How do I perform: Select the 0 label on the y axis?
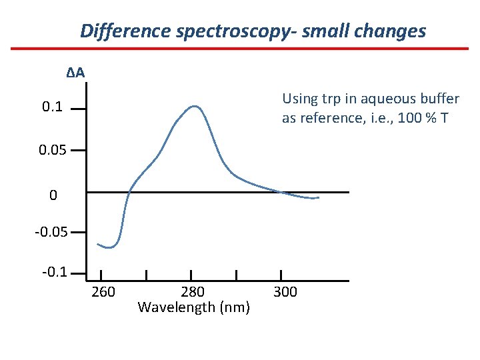(53, 195)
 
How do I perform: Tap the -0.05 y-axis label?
(50, 233)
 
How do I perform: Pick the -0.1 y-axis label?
(53, 273)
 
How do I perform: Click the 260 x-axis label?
(103, 291)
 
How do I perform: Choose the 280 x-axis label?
(193, 291)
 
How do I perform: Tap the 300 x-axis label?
(285, 291)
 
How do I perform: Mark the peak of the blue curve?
(195, 106)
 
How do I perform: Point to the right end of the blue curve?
(318, 198)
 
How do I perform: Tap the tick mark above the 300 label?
(281, 275)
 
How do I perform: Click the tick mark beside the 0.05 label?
(78, 151)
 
